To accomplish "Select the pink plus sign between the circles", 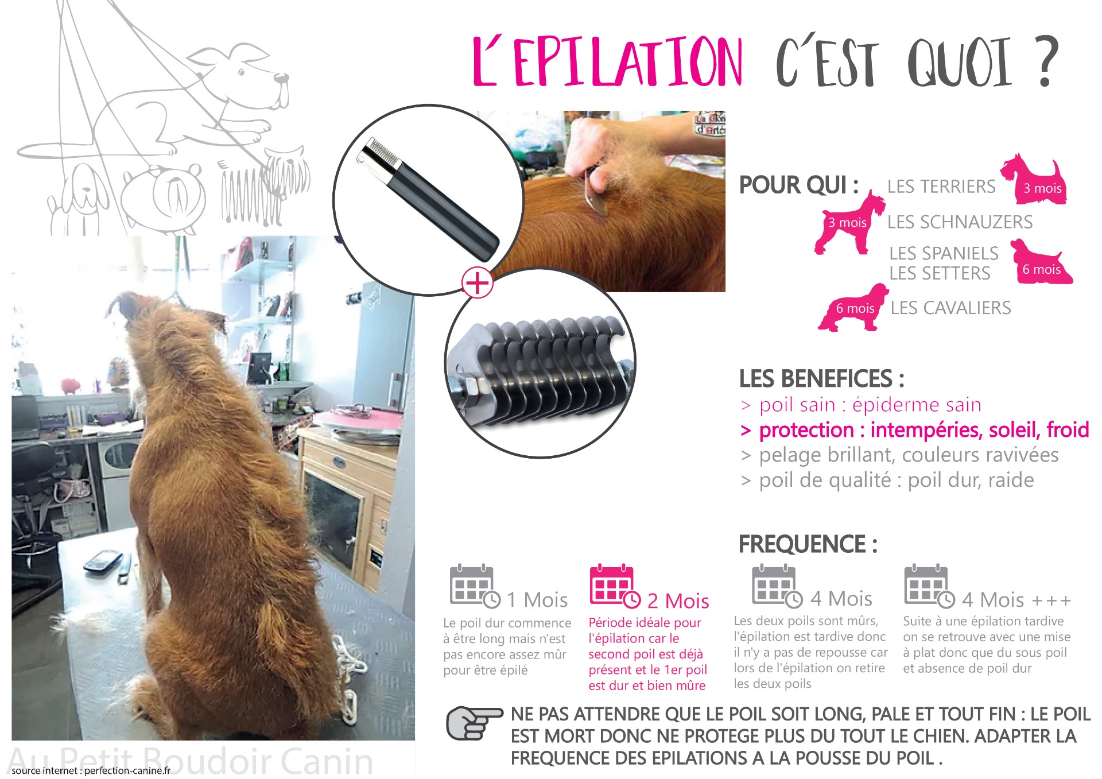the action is pyautogui.click(x=478, y=282).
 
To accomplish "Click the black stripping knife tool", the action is pyautogui.click(x=428, y=198).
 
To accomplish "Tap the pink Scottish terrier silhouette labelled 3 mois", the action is pyautogui.click(x=1034, y=179).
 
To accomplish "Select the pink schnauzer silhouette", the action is pyautogui.click(x=848, y=222).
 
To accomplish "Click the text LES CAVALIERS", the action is pyautogui.click(x=950, y=308).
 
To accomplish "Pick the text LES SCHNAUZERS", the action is pyautogui.click(x=960, y=222).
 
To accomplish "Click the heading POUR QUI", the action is pyautogui.click(x=798, y=185).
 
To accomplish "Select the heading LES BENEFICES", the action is pyautogui.click(x=821, y=379).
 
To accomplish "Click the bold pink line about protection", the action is pyautogui.click(x=915, y=430).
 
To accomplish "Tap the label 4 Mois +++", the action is pyautogui.click(x=1016, y=600).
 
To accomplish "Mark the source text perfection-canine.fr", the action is pyautogui.click(x=127, y=770).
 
